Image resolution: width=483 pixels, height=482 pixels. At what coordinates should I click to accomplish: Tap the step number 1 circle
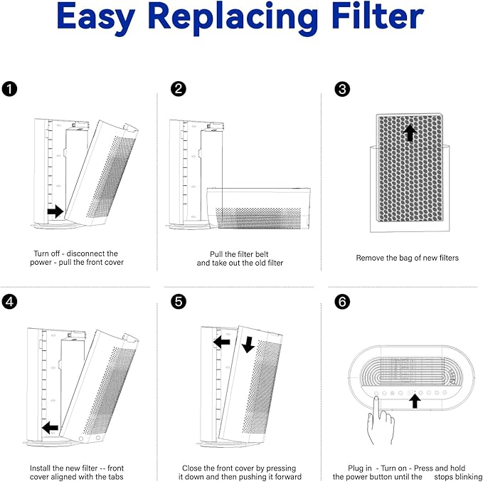(9, 89)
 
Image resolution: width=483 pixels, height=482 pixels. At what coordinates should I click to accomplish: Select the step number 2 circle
(179, 89)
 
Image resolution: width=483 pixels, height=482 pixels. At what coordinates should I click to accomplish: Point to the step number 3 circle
(342, 89)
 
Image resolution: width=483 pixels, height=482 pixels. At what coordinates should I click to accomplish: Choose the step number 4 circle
(9, 302)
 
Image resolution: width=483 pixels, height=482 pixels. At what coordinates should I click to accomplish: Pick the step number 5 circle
(179, 302)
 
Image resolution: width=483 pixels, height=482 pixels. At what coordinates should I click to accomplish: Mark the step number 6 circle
(342, 302)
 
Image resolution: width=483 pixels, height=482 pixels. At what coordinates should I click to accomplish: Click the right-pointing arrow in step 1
(55, 211)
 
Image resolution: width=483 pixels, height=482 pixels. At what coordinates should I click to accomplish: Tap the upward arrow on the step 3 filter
(409, 132)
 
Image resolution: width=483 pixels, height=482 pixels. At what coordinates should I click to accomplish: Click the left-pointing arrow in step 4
(51, 427)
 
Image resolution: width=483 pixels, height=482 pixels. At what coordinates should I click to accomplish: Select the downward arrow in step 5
(248, 345)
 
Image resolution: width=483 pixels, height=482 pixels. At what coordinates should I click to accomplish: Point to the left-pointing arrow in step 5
(222, 342)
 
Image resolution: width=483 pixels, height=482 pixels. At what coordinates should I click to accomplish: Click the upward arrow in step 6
(415, 401)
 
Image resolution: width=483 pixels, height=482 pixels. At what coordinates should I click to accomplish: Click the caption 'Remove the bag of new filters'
(407, 258)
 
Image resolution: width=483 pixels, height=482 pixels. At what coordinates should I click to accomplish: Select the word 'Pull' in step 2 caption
(218, 253)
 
